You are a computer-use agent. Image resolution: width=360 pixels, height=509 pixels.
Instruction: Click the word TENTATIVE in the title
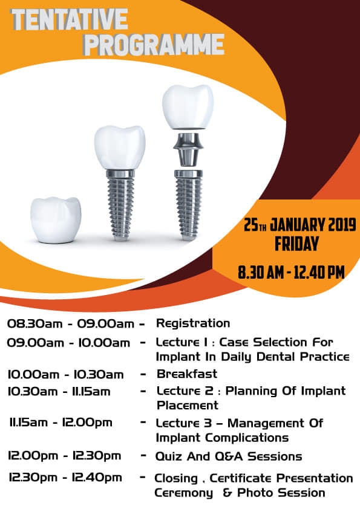(69, 20)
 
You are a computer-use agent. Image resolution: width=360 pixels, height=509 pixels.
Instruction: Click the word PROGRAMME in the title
(154, 45)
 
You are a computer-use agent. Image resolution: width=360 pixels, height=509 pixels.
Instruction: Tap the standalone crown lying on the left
(56, 220)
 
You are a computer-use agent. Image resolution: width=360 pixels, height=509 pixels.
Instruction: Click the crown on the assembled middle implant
(120, 148)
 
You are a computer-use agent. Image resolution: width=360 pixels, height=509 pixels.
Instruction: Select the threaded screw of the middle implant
(120, 205)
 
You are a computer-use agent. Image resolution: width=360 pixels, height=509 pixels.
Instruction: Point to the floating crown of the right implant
(188, 107)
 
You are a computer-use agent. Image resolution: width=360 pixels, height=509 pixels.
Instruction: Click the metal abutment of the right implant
(188, 150)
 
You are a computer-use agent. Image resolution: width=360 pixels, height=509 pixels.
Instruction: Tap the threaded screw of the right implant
(188, 205)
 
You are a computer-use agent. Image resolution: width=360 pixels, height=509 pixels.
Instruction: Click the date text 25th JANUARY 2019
(299, 225)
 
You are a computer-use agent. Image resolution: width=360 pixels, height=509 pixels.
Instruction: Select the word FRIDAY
(296, 244)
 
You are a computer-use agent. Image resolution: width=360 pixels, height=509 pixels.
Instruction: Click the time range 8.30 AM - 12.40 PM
(291, 272)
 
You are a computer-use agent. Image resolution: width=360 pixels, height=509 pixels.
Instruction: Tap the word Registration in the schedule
(193, 323)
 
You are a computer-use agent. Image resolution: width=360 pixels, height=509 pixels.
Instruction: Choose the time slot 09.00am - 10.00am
(68, 343)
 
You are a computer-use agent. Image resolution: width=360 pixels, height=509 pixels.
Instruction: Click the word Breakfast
(187, 374)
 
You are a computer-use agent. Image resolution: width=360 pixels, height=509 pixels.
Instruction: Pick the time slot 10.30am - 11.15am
(59, 392)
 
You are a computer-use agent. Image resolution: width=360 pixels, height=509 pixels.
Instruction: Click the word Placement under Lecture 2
(188, 406)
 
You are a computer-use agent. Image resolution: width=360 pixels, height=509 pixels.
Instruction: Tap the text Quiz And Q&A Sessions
(229, 456)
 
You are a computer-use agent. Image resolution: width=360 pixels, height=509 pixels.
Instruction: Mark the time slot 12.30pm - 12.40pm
(65, 478)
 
